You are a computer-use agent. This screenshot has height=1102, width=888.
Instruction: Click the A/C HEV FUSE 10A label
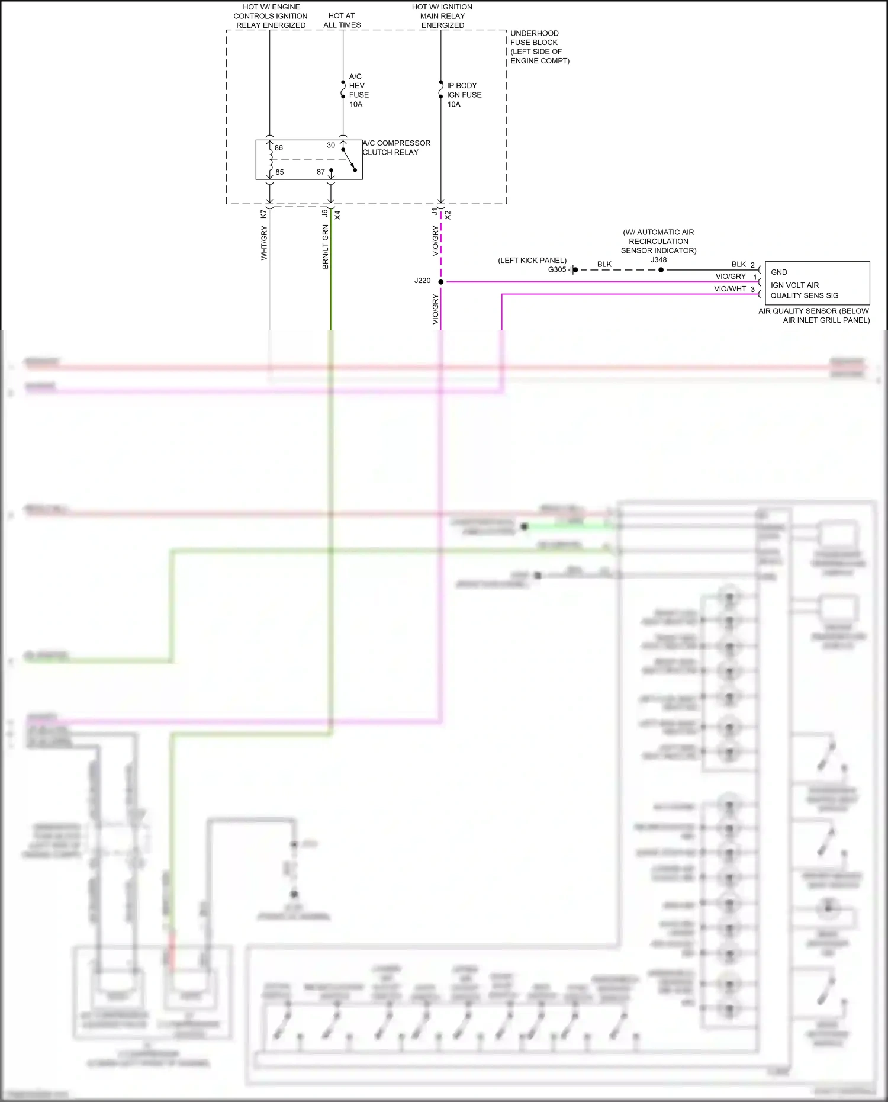coord(358,91)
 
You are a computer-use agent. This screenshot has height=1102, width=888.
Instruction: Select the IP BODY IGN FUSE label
coord(464,95)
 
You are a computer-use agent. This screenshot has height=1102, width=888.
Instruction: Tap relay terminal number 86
coord(279,148)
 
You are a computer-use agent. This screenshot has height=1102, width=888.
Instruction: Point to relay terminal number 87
coord(320,172)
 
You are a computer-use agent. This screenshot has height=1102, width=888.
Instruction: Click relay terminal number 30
coord(330,146)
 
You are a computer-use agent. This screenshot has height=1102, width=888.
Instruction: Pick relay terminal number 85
coord(279,172)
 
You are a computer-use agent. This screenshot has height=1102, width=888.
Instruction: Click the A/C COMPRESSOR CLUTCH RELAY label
coord(396,147)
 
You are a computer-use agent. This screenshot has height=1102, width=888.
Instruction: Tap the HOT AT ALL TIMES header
coord(342,21)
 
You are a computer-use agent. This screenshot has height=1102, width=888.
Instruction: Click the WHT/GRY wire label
coord(264,243)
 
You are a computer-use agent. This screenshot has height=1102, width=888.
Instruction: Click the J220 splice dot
coord(440,282)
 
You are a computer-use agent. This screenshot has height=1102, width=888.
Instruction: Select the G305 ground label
coord(556,270)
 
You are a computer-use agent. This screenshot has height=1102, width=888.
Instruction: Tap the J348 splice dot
coord(661,270)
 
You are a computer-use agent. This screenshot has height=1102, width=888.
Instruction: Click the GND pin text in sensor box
coord(778,272)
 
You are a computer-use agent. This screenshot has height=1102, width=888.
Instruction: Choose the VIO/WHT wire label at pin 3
coord(729,289)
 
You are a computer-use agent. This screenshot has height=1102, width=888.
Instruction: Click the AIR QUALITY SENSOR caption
coord(814,316)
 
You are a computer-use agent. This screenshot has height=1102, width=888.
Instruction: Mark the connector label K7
coord(263,214)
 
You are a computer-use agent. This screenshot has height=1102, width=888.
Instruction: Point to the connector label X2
coord(448,215)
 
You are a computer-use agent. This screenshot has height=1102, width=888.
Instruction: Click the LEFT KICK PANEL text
coord(532,261)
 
